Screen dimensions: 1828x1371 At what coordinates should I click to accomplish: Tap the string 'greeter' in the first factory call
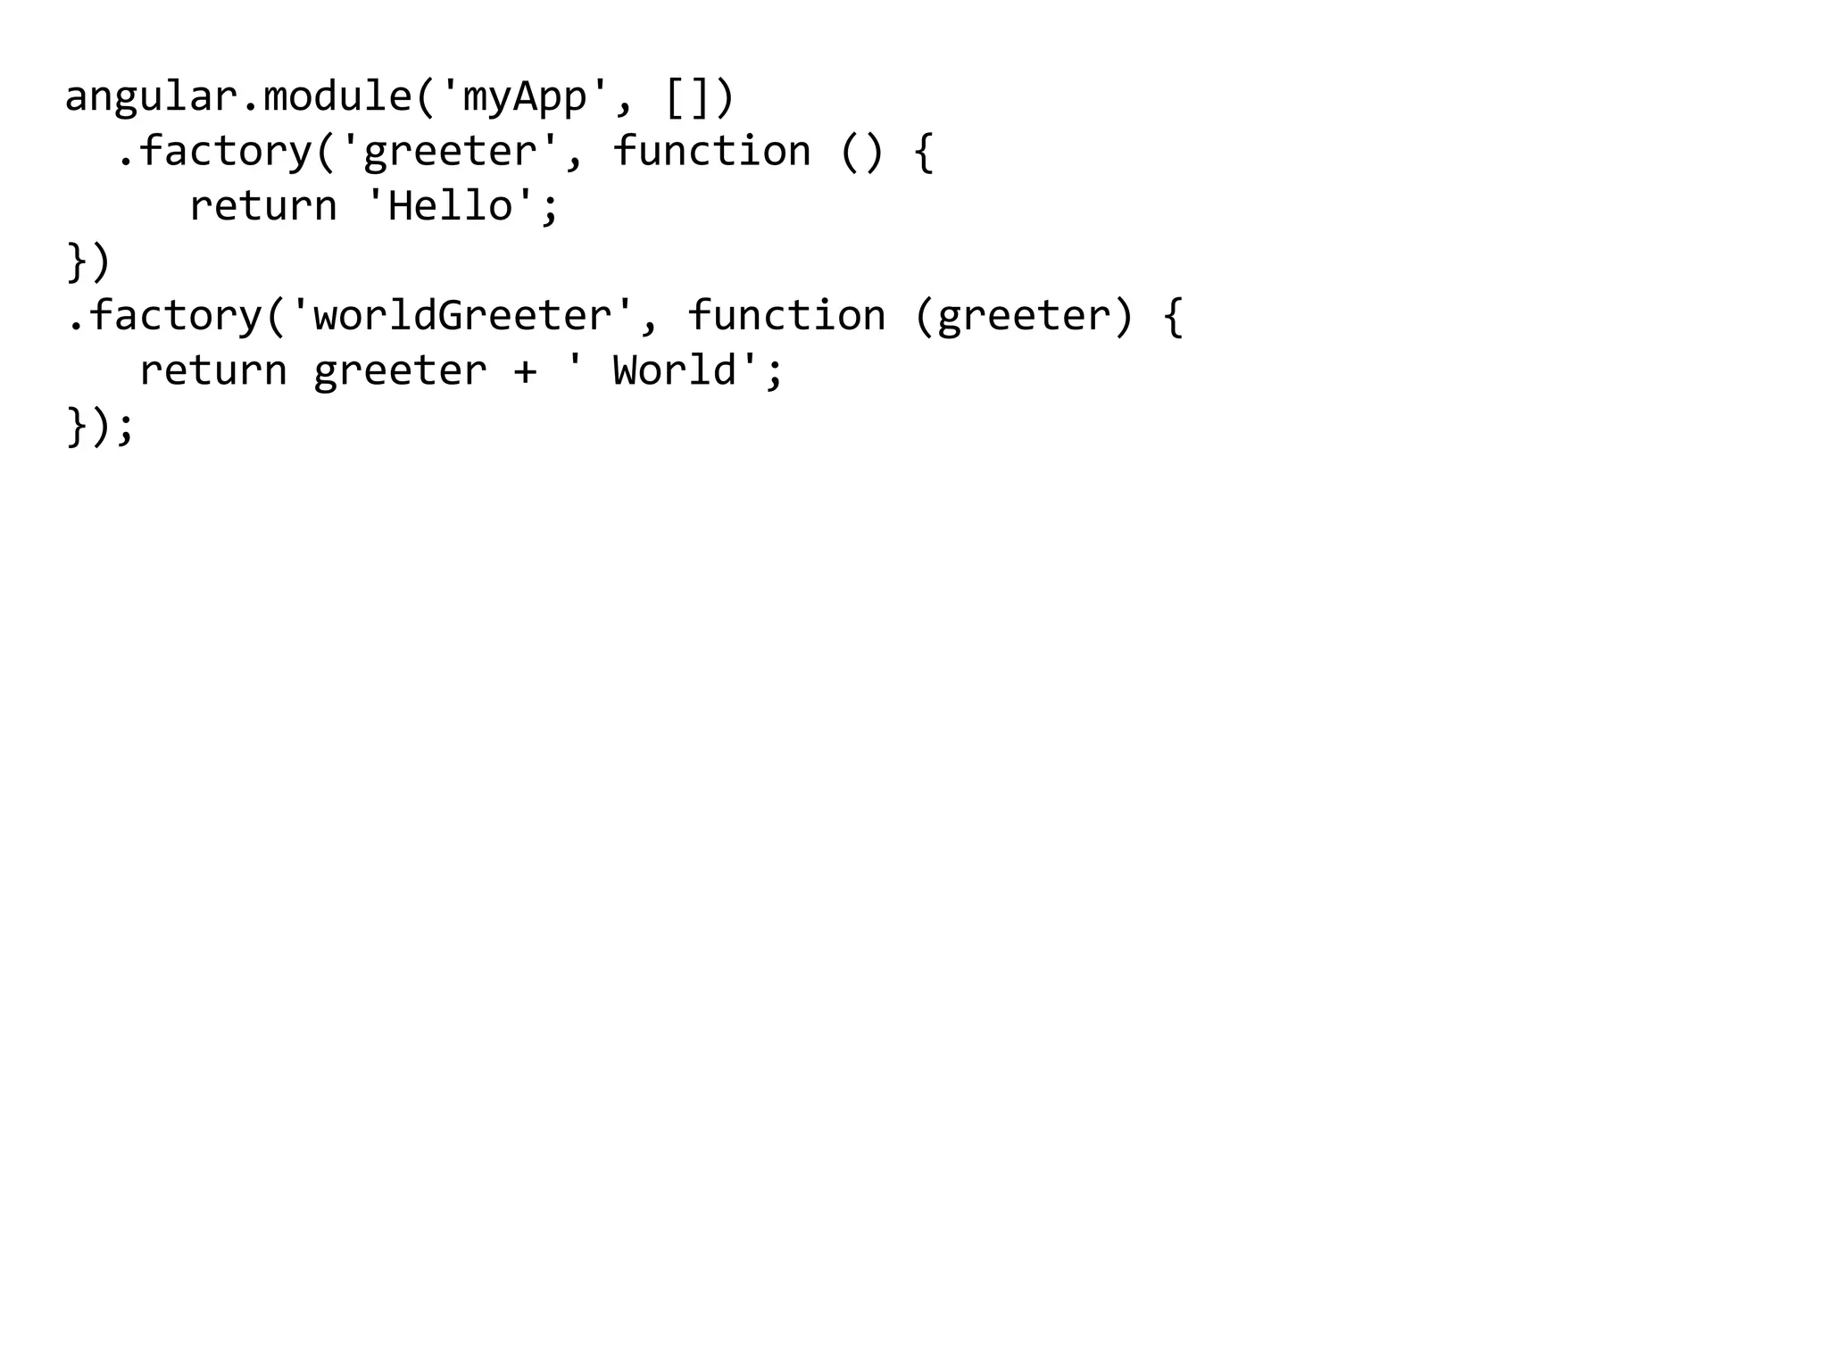tap(450, 152)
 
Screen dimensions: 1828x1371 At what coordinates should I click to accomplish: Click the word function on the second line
tap(711, 150)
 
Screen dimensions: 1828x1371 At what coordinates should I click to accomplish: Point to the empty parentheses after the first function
tap(861, 152)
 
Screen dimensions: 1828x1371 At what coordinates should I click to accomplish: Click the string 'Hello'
tap(450, 206)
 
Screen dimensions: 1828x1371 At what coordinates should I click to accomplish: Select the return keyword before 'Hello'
tap(263, 206)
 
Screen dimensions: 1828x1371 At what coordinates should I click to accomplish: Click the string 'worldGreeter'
tap(462, 316)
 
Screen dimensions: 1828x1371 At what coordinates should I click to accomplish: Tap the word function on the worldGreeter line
tap(786, 316)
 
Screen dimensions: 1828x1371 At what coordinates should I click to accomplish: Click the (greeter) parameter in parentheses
tap(1024, 316)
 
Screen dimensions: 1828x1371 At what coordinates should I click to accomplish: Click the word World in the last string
tap(675, 370)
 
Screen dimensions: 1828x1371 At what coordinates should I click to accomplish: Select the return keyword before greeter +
tap(213, 370)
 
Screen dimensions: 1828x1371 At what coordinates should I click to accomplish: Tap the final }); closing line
tap(100, 426)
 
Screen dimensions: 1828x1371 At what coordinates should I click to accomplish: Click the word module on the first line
tap(337, 96)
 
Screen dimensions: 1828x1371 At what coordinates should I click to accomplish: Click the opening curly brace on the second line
tap(924, 152)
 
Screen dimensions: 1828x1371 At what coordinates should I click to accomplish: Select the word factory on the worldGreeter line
tap(175, 316)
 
